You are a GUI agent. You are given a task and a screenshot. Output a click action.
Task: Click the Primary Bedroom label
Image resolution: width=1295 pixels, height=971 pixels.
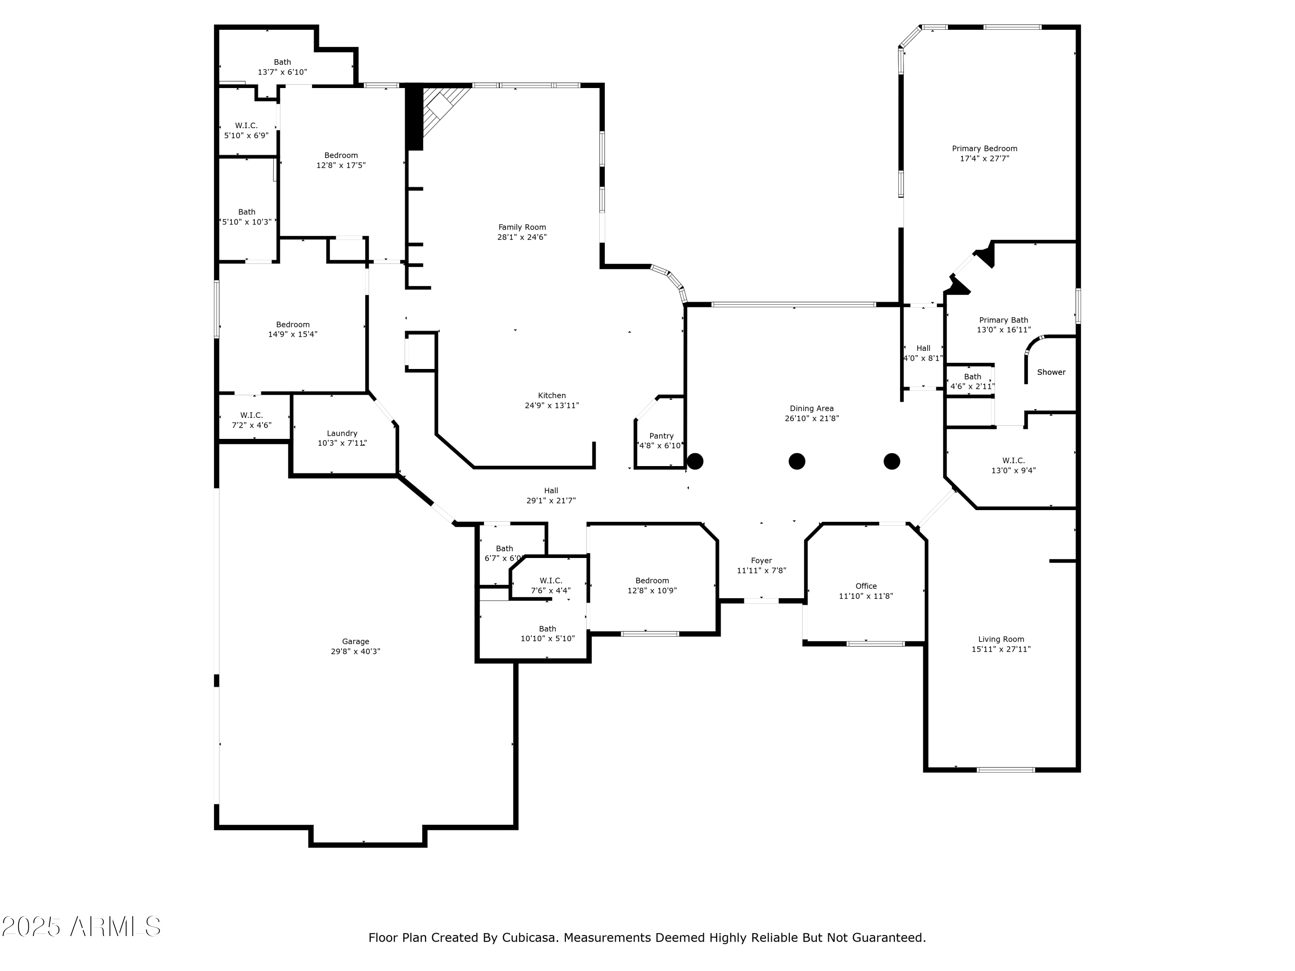pyautogui.click(x=984, y=148)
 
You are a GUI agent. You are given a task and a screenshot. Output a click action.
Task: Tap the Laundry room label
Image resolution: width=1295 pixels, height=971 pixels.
pyautogui.click(x=342, y=434)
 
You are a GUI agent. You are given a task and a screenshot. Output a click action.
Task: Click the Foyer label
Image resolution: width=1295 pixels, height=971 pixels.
pyautogui.click(x=761, y=561)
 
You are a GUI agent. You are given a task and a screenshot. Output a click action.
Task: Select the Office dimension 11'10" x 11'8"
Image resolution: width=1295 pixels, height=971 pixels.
pyautogui.click(x=866, y=596)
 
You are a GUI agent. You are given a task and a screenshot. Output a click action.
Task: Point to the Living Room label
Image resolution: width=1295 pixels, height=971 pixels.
pyautogui.click(x=1001, y=639)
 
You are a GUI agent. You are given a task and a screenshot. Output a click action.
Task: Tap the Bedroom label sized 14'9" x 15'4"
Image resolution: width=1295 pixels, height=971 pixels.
pyautogui.click(x=293, y=325)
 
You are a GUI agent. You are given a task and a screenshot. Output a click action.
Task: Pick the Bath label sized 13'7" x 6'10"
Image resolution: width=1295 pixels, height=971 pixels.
pyautogui.click(x=282, y=62)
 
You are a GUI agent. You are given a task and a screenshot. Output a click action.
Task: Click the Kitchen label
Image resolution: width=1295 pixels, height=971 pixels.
pyautogui.click(x=552, y=396)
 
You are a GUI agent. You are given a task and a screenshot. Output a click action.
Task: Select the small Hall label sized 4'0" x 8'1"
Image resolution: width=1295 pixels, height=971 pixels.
pyautogui.click(x=923, y=348)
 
